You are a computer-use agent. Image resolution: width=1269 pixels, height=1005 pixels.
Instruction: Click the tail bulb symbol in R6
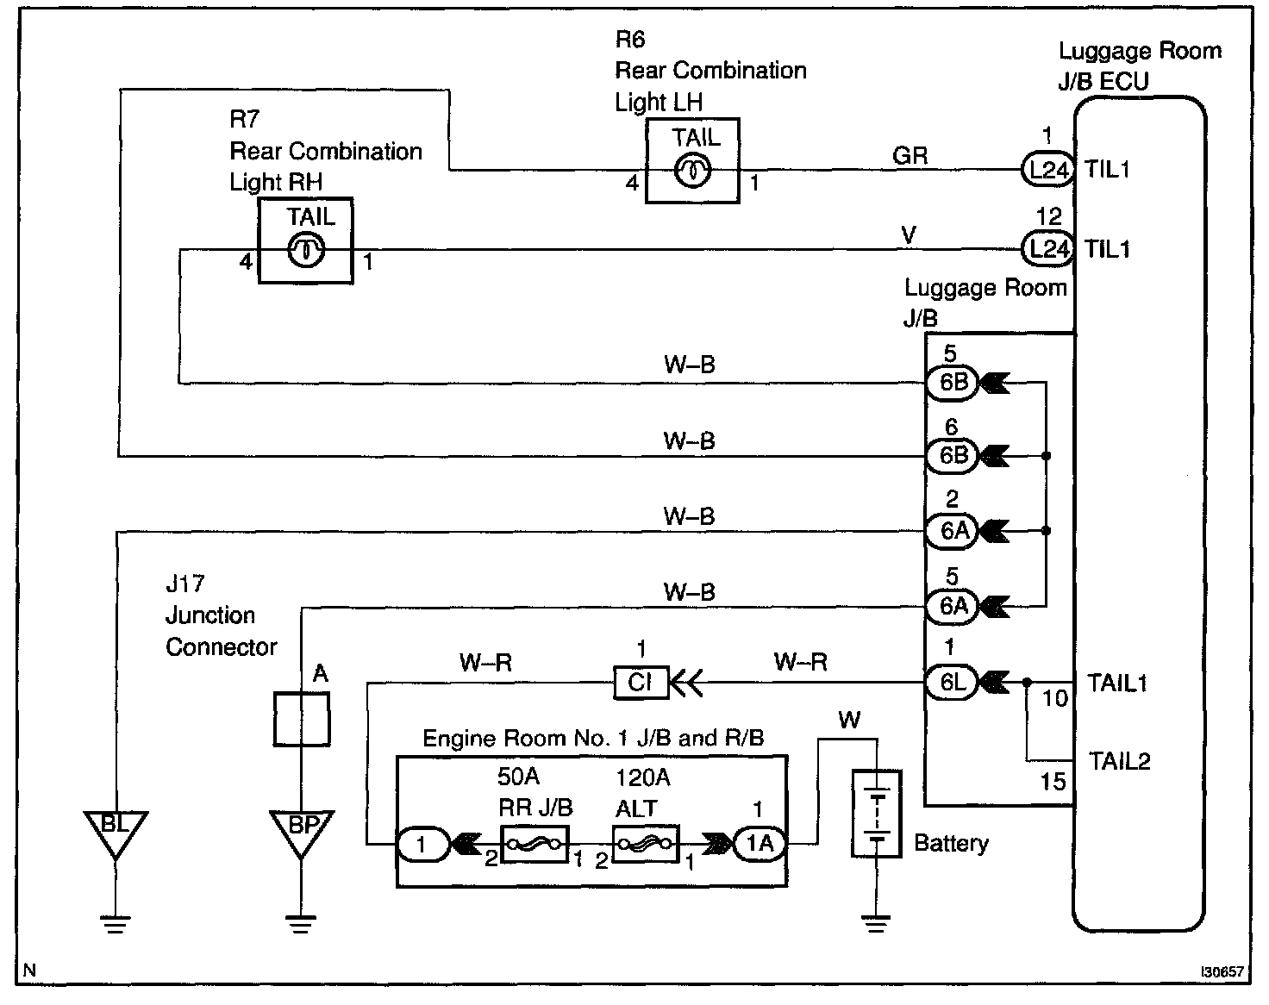point(692,171)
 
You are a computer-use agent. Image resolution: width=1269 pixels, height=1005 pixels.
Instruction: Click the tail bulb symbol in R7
point(305,250)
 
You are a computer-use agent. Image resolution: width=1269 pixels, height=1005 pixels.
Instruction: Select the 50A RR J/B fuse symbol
point(534,845)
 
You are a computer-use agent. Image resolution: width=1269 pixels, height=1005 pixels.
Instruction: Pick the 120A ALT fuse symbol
point(647,845)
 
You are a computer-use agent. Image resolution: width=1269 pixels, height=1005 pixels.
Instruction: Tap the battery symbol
point(876,814)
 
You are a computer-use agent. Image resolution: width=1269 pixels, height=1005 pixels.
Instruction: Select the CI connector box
point(641,683)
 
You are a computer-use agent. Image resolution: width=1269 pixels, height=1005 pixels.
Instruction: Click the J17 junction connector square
point(302,720)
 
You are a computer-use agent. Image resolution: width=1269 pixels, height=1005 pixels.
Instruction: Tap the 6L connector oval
point(953,683)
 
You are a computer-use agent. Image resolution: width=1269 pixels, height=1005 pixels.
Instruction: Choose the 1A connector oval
point(760,844)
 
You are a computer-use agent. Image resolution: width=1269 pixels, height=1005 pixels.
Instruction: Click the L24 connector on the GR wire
point(1047,170)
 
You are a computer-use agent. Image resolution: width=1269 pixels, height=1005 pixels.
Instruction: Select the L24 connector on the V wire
point(1047,249)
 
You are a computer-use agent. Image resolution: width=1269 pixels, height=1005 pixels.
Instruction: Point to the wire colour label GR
point(910,156)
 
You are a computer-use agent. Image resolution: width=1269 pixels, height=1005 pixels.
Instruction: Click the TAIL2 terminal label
point(1119,761)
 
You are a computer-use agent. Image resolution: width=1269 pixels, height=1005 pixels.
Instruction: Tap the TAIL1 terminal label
point(1117,683)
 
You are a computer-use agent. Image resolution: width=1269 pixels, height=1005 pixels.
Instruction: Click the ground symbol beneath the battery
point(876,924)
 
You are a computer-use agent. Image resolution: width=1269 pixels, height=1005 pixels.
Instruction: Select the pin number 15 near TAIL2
point(1053,782)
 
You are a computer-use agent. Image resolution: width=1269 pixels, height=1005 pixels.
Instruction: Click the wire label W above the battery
point(849,720)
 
